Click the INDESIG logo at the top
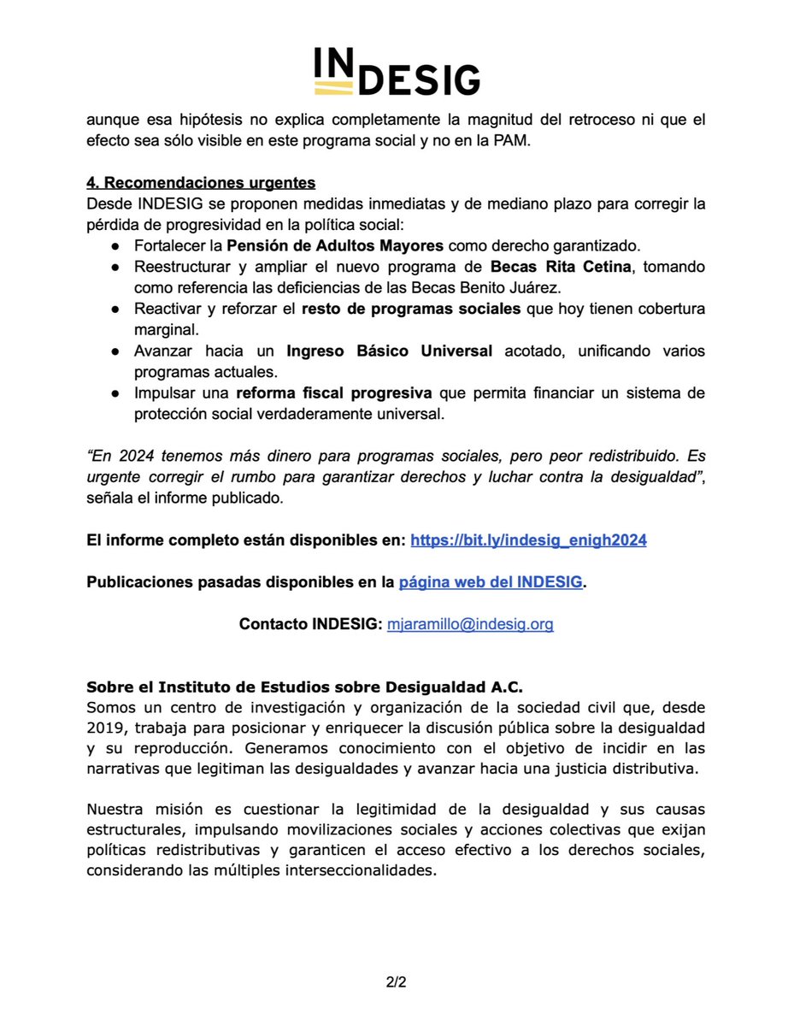397,71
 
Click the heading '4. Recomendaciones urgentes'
201,183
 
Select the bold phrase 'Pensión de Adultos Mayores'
334,245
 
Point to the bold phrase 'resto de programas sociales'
411,308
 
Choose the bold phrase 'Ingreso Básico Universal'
389,350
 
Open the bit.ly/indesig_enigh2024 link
528,540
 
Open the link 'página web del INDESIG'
491,582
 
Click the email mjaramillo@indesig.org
470,624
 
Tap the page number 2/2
396,982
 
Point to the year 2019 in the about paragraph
105,728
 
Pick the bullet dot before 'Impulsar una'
115,392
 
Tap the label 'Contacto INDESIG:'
310,624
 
